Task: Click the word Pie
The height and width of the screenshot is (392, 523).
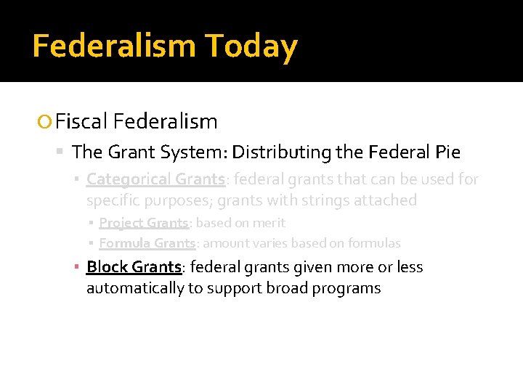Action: click(447, 152)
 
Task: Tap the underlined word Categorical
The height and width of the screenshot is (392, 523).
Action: click(128, 179)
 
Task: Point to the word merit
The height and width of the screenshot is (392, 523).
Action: click(269, 223)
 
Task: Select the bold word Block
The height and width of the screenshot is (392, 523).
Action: click(107, 267)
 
